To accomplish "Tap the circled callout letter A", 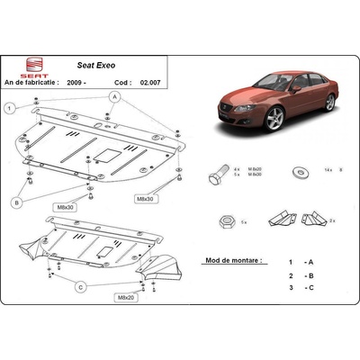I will [115, 95].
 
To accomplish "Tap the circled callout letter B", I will [16, 203].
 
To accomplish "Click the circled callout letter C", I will [80, 287].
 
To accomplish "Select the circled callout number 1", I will [10, 109].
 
